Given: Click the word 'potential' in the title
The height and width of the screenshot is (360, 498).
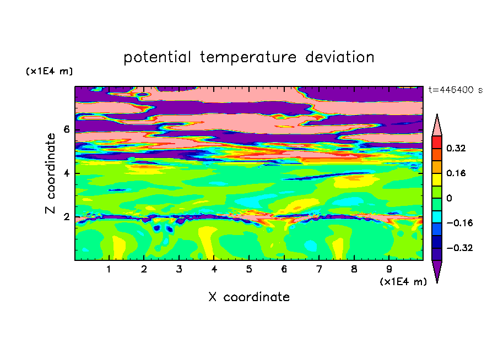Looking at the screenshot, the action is tap(157, 57).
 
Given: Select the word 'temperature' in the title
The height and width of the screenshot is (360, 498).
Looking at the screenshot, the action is tap(248, 58).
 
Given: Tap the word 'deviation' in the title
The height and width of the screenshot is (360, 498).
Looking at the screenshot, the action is tap(339, 57).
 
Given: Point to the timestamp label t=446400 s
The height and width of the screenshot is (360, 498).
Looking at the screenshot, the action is tap(456, 90).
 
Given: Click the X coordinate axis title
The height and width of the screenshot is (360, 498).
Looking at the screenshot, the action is tap(249, 297).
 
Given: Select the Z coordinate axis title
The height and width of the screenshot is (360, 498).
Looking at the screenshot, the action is tap(50, 173).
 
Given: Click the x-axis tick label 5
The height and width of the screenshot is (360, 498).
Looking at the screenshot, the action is tap(249, 269).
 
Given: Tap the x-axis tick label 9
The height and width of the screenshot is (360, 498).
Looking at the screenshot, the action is tap(389, 269).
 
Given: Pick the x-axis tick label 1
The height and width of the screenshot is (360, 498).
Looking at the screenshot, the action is tap(109, 269).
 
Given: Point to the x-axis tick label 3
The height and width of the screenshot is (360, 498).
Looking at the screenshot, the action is tap(179, 269).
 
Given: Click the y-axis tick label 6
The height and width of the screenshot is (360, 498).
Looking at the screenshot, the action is tap(66, 129).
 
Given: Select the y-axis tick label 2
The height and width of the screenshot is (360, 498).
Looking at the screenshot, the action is tap(66, 217).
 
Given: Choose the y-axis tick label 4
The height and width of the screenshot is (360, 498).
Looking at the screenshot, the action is tap(66, 173).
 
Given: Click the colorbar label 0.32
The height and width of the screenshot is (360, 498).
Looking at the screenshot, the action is tap(456, 148).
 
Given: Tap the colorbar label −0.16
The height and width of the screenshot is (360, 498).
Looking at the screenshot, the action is tap(459, 223).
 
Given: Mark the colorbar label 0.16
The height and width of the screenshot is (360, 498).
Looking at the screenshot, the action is tap(456, 173).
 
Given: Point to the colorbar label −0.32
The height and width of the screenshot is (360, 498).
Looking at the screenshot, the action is tap(459, 248).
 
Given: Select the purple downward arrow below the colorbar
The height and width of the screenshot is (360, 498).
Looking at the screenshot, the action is tap(437, 270).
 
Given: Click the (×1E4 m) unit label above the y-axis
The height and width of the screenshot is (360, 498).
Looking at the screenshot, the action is tap(49, 72).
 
